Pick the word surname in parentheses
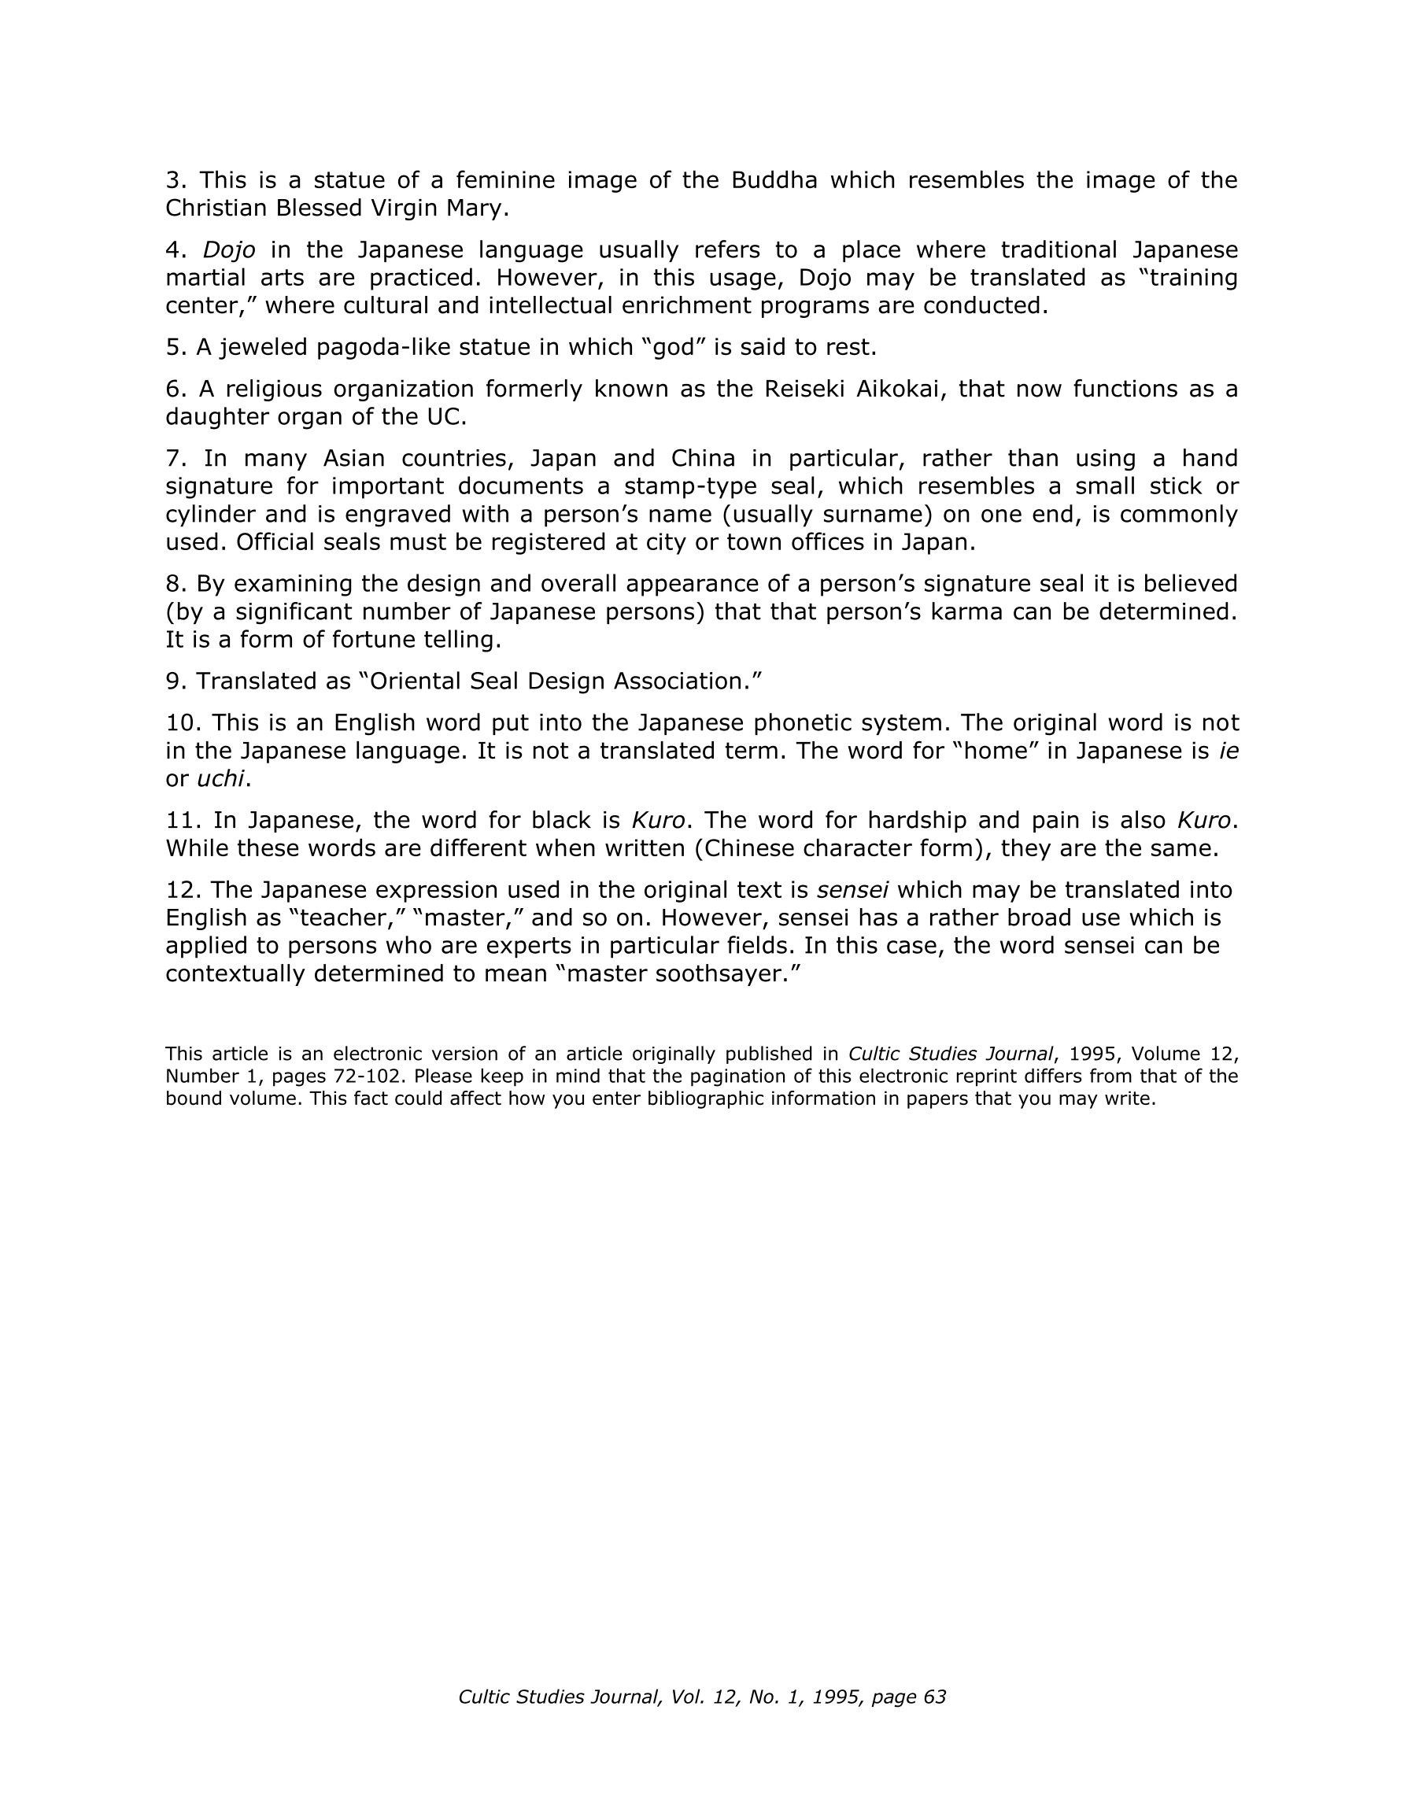click(x=880, y=515)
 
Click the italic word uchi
click(x=220, y=779)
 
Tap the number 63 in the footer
click(x=935, y=1697)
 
